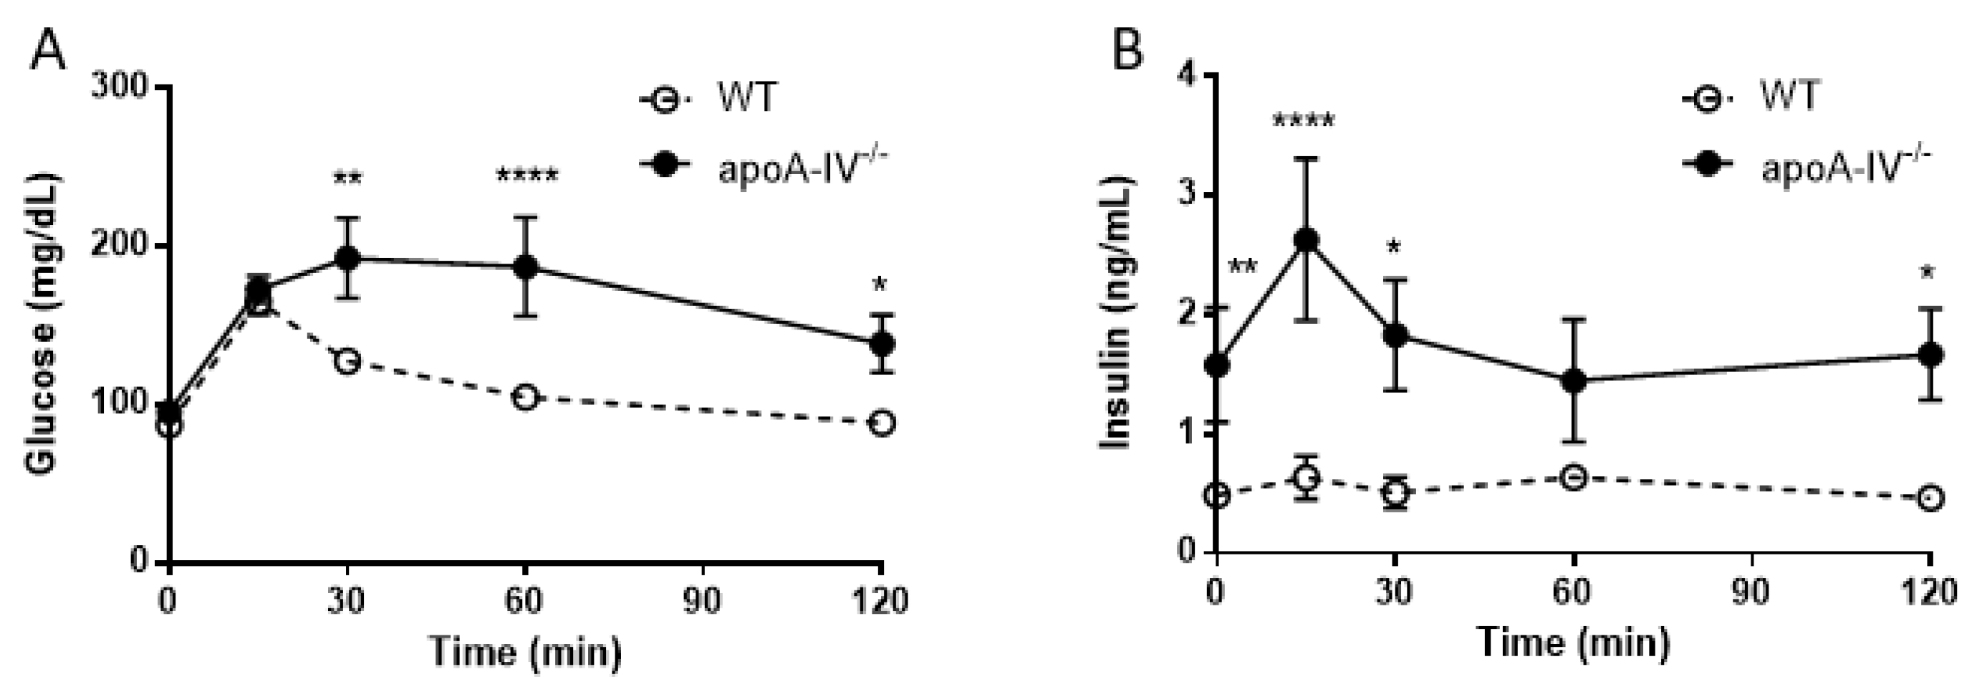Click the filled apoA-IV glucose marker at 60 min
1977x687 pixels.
click(525, 266)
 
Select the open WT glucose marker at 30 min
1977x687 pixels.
click(347, 361)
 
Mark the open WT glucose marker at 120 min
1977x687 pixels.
click(882, 423)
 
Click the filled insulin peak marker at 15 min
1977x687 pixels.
click(1305, 240)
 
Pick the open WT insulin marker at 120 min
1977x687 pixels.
click(1930, 498)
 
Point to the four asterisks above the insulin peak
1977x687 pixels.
click(1303, 120)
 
